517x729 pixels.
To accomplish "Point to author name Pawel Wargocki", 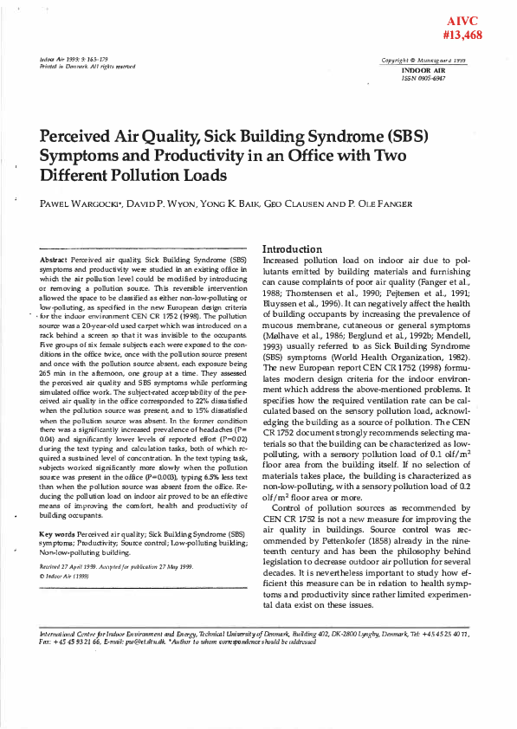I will tap(78, 205).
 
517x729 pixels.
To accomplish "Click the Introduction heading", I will tap(299, 248).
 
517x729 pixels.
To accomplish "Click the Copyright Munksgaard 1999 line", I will tap(423, 61).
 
